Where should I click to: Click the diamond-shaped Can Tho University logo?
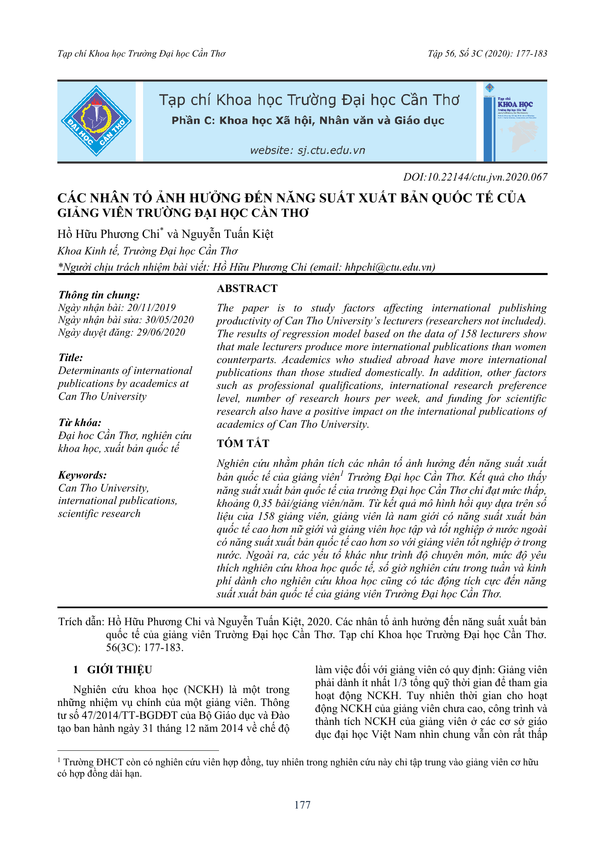(96, 121)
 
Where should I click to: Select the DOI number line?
(475, 177)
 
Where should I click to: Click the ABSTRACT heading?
(247, 288)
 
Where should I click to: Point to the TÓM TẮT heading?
(242, 443)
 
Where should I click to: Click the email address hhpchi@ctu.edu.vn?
(390, 267)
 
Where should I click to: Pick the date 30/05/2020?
(169, 320)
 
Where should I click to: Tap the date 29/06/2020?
(161, 332)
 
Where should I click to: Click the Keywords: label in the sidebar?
(82, 475)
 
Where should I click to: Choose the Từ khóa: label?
(80, 423)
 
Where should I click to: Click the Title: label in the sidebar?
(71, 358)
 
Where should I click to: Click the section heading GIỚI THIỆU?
(119, 670)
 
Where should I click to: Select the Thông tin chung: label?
(99, 295)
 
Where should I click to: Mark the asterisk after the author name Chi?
(162, 230)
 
